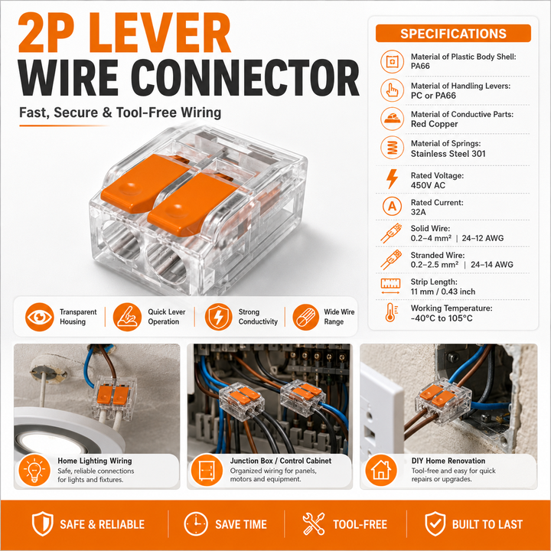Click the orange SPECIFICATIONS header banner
pos(453,34)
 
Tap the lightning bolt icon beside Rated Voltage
pos(392,179)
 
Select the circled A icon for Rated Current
pos(392,207)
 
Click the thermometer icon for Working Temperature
pos(391,312)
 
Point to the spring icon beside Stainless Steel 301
pos(392,148)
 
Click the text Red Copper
pos(435,124)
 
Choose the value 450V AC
pos(428,185)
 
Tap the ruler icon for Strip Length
pos(391,285)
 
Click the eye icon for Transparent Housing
pos(40,317)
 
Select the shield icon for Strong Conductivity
pos(219,317)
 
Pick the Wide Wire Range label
pos(339,317)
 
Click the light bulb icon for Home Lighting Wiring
pos(34,470)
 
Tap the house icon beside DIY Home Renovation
pos(381,470)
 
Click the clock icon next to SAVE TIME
pos(196,524)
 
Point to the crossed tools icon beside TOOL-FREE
pos(314,524)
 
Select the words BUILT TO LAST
pos(487,524)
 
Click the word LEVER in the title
pos(161,34)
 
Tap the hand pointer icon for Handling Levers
pos(392,90)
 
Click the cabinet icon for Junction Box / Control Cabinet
pos(207,470)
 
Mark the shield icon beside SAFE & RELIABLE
pos(43,524)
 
